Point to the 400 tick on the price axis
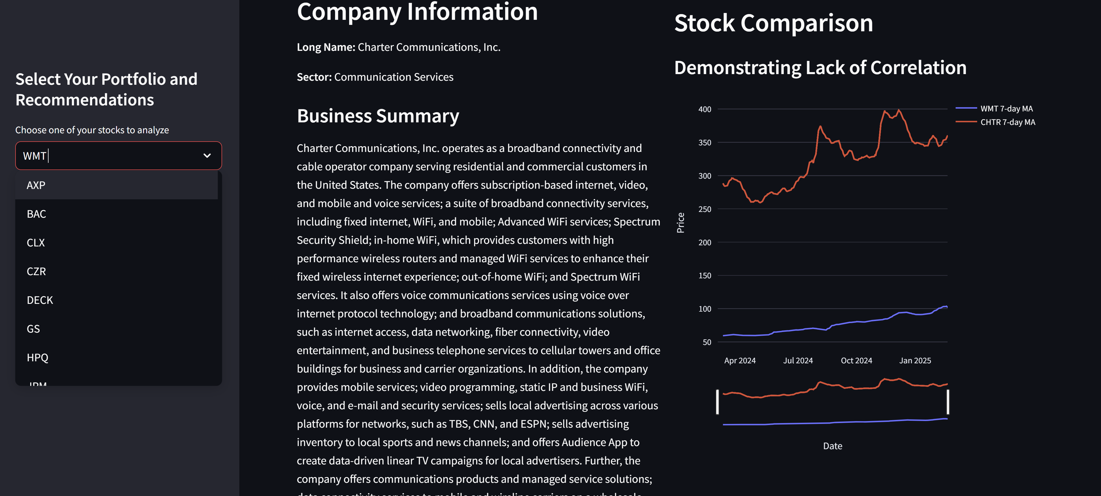(x=705, y=109)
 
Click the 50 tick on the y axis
(x=707, y=342)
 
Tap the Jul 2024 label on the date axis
(x=798, y=360)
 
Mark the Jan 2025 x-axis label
(x=915, y=360)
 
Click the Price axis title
(x=680, y=223)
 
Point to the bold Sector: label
(x=314, y=77)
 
